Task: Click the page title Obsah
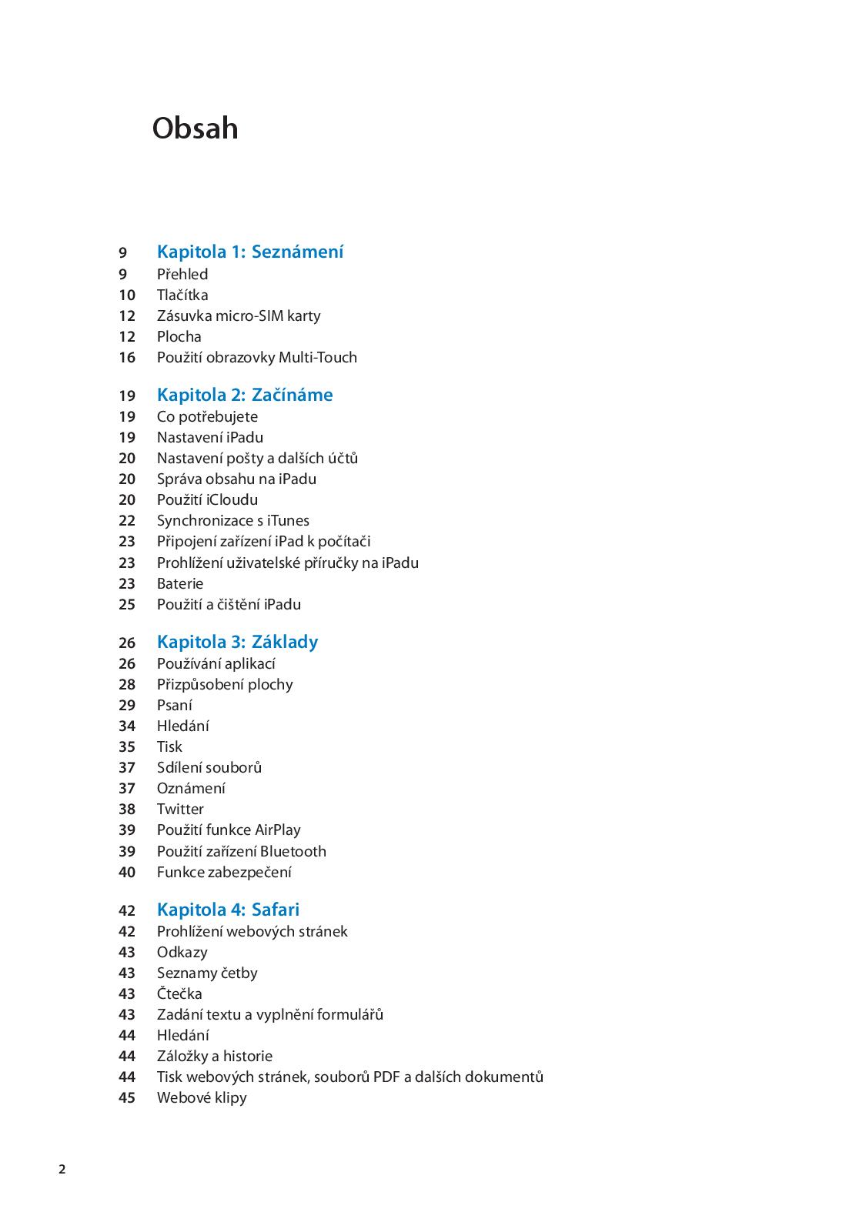tap(195, 128)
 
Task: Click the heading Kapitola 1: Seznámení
tap(250, 252)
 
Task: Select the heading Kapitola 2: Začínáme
tap(245, 395)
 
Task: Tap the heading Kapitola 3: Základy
tap(237, 642)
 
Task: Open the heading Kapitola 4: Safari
tap(228, 910)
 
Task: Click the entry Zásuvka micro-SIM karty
tap(239, 316)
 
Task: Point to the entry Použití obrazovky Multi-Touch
tap(257, 357)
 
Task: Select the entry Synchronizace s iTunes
tap(233, 520)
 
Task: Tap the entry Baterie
tap(180, 583)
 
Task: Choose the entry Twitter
tap(180, 809)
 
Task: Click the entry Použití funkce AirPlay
tap(229, 830)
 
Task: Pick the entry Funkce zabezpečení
tap(224, 872)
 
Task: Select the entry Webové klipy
tap(202, 1097)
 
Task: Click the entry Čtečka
tap(179, 993)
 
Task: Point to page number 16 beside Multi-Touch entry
tap(127, 357)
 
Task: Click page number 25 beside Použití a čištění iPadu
tap(127, 604)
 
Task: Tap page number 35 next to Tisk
tap(127, 746)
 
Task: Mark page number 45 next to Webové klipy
tap(127, 1097)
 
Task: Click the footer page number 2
tap(62, 1170)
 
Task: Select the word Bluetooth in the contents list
tap(293, 851)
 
